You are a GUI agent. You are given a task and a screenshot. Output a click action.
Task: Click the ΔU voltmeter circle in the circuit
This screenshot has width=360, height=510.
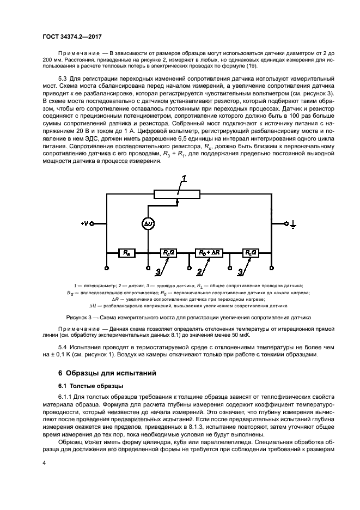tap(149, 223)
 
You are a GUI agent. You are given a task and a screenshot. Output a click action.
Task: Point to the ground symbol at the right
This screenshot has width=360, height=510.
tap(293, 223)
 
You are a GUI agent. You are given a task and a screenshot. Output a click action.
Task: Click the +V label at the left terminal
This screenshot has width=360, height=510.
tap(84, 223)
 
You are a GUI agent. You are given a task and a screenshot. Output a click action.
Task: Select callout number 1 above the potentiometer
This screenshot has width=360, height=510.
tap(184, 179)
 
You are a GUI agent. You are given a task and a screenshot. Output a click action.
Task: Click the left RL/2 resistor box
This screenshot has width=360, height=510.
tap(167, 252)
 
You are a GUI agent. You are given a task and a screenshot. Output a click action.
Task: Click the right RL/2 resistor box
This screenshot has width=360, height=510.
tap(251, 252)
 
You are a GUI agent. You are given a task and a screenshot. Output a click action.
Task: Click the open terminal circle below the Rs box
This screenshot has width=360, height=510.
tap(107, 267)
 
